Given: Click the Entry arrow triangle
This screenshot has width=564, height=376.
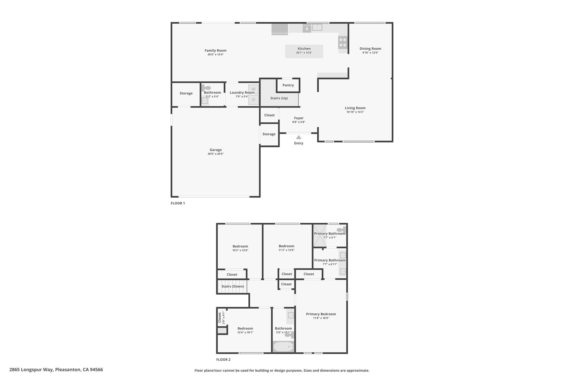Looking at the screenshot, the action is tap(299, 137).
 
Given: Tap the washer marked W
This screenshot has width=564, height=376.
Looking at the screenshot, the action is tap(254, 89).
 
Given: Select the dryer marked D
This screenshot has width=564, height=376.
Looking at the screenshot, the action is tap(254, 100).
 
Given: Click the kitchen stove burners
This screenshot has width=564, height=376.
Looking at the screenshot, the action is tap(343, 42).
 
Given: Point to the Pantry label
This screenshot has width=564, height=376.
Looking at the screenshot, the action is tap(288, 85).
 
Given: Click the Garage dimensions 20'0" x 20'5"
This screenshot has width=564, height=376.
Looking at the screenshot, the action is tap(216, 154).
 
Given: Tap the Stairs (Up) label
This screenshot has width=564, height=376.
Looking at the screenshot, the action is tap(279, 98).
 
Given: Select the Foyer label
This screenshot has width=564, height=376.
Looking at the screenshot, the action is tap(299, 118).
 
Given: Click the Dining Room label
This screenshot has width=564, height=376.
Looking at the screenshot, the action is tap(370, 49).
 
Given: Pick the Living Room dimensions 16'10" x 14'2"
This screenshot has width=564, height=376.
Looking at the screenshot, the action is tap(355, 112).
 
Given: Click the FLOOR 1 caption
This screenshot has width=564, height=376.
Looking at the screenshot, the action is tap(178, 203).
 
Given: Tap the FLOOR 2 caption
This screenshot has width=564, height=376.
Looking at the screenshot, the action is tap(223, 359).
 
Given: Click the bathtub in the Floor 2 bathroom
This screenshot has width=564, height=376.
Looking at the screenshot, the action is tap(283, 347).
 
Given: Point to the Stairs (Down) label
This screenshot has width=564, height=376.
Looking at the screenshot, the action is tap(233, 286).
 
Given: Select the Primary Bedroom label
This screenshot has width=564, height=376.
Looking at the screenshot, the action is tap(321, 314).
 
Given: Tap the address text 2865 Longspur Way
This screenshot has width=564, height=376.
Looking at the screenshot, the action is tap(31, 370).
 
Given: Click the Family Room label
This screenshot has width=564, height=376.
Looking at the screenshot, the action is tap(216, 50).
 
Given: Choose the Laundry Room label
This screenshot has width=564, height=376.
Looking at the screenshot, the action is tap(242, 93).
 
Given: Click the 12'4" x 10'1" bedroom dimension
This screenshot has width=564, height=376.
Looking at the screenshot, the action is tap(245, 332).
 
